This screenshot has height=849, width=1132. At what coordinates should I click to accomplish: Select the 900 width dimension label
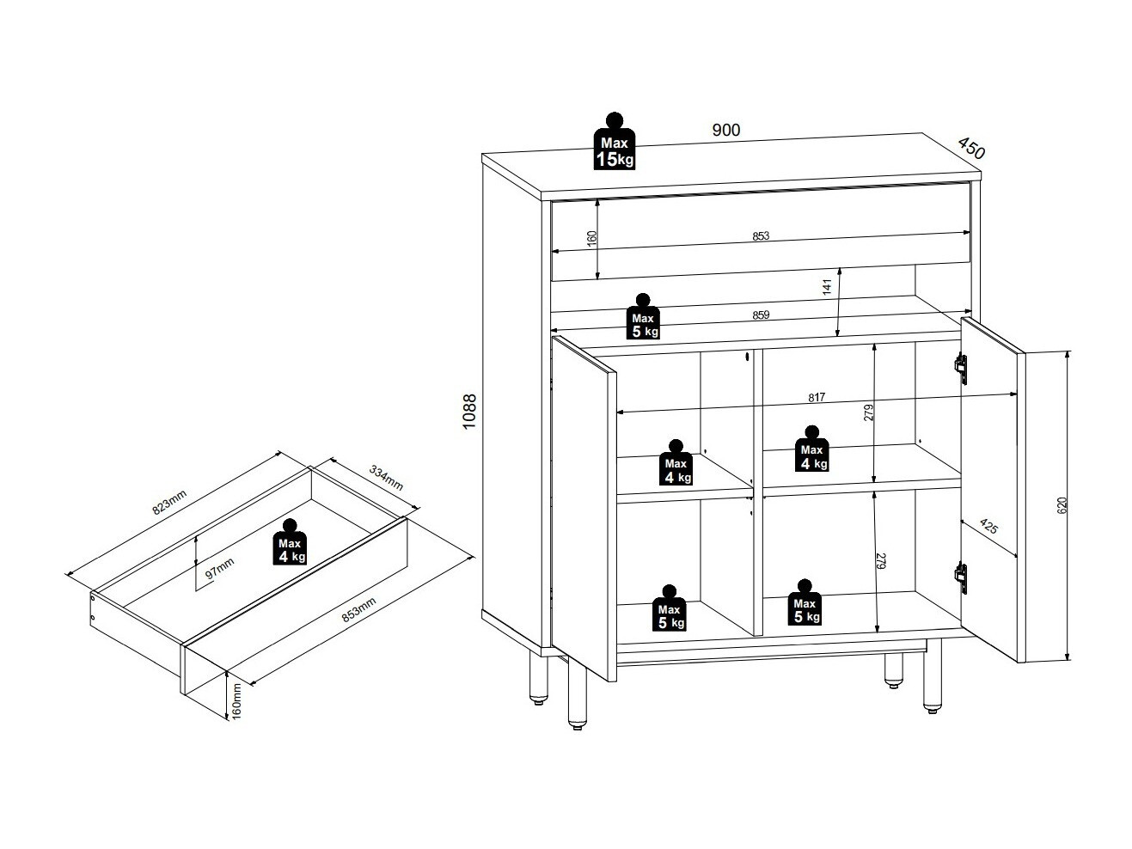tap(725, 130)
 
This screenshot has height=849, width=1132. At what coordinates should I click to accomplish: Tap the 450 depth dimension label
tap(970, 149)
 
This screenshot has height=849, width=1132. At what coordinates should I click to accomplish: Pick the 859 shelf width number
tap(760, 315)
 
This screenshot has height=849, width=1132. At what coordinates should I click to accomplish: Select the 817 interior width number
tap(816, 397)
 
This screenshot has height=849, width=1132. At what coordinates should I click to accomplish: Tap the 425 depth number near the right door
tap(988, 528)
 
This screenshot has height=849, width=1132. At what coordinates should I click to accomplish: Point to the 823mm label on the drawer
tap(169, 502)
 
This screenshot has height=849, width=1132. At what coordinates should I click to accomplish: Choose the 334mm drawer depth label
tap(386, 477)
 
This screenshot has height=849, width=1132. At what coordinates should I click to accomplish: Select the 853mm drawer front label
tap(359, 608)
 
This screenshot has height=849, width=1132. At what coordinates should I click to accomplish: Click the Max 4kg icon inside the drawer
tap(290, 544)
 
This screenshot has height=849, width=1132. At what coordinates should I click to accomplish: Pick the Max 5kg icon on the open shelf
tap(644, 317)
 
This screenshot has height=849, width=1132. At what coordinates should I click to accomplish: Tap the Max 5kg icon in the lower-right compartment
tap(805, 603)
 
